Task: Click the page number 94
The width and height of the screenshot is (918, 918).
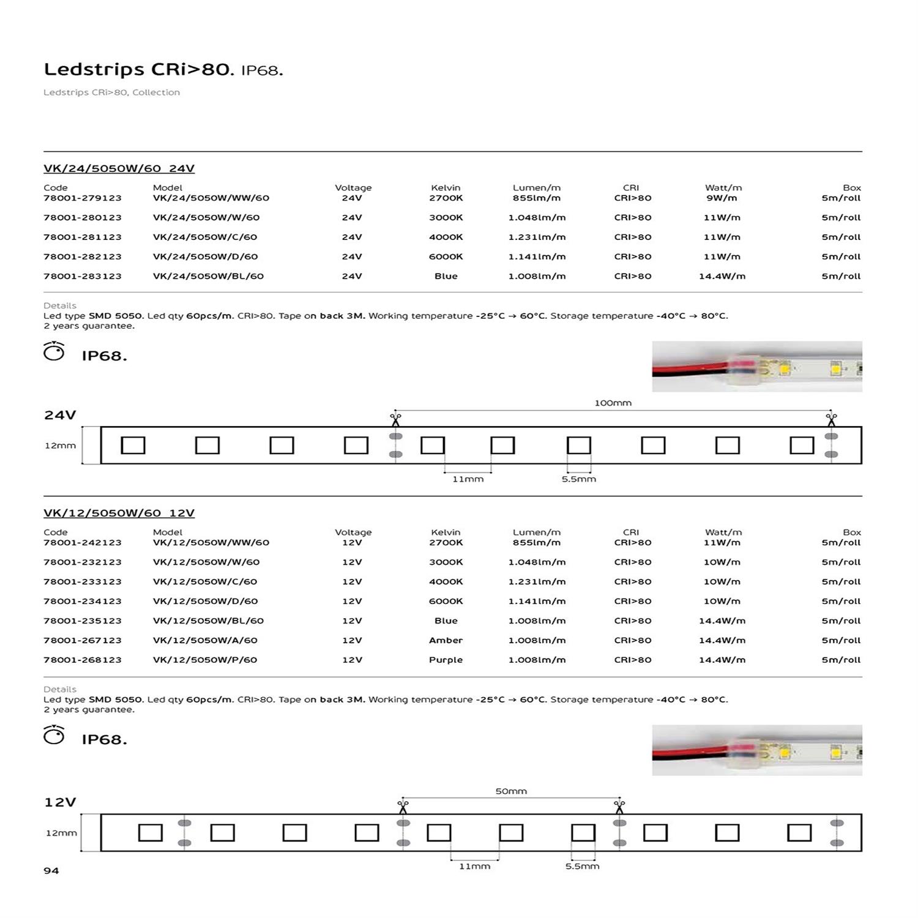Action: (51, 870)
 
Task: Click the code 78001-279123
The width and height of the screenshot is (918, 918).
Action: (83, 198)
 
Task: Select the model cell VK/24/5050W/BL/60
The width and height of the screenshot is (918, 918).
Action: (208, 276)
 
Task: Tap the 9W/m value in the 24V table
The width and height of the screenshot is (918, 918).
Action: (722, 198)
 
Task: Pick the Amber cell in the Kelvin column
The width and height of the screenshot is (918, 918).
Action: (446, 640)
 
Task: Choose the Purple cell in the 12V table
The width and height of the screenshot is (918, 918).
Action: (446, 660)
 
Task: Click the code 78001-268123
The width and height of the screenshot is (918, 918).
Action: (83, 660)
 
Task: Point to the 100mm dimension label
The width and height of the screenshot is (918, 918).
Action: (613, 403)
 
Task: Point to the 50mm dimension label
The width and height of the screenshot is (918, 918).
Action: (511, 791)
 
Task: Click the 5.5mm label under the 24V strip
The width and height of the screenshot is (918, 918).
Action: (578, 479)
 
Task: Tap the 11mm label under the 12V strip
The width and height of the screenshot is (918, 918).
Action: (474, 866)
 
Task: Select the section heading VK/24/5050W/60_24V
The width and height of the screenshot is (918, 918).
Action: (119, 168)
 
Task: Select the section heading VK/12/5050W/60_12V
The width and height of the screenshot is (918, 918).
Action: (119, 513)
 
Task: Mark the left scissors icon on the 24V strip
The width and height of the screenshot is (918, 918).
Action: (395, 419)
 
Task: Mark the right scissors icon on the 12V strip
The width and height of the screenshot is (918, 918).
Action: (619, 806)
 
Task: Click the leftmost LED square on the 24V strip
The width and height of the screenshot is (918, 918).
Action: (133, 445)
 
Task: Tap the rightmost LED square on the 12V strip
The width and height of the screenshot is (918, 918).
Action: (799, 832)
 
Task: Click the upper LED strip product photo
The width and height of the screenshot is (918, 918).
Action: (757, 367)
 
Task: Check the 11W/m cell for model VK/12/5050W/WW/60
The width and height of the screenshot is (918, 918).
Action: (722, 542)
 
